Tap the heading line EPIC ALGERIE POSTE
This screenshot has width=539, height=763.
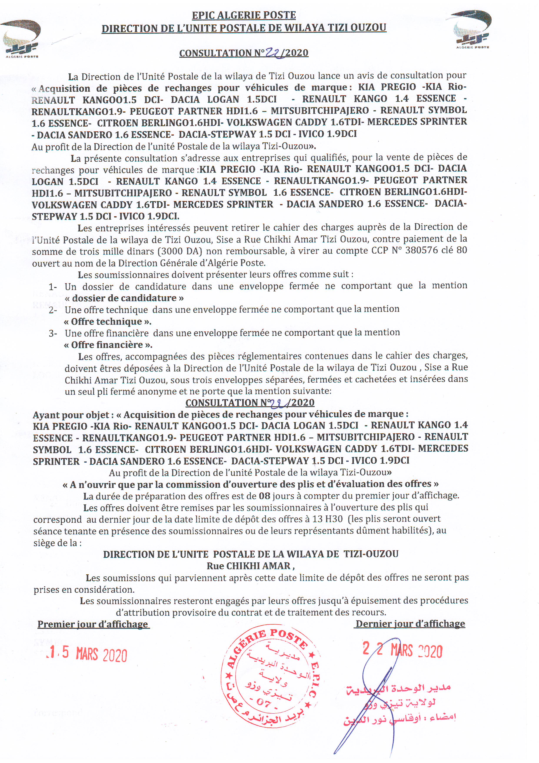pyautogui.click(x=244, y=15)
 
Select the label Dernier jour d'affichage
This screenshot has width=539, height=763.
pyautogui.click(x=410, y=623)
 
